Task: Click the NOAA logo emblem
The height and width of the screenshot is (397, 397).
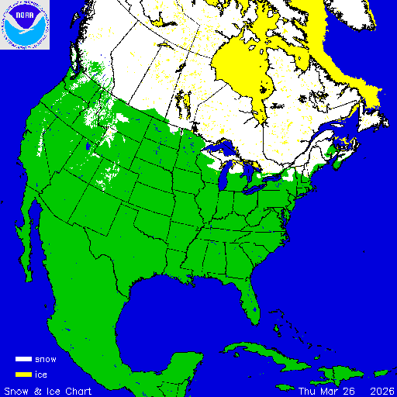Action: (x=25, y=25)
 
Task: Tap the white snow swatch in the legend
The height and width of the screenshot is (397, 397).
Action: (x=22, y=360)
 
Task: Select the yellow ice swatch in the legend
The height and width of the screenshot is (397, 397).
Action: (x=22, y=375)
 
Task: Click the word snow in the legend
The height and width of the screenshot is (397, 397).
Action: (x=46, y=360)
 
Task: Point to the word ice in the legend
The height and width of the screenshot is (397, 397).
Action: (x=42, y=375)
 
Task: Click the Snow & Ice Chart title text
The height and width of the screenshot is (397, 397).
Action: (x=48, y=390)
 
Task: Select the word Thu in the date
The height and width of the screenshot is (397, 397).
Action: (x=307, y=390)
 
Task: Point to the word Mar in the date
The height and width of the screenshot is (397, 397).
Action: (x=329, y=390)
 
